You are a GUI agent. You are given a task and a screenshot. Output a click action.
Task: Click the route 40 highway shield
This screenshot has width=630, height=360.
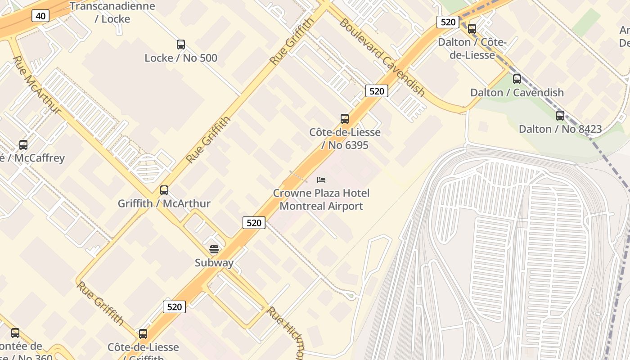pos(40,16)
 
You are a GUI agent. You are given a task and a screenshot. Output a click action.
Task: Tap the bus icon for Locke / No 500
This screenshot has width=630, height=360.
pos(181,45)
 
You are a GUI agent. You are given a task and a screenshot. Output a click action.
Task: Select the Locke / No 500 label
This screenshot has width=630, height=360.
pos(181,58)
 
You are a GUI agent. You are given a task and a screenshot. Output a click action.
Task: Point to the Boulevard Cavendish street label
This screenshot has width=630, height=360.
pos(382,57)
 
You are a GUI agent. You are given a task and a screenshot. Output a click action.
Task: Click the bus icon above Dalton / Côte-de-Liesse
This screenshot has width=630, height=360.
pos(472,29)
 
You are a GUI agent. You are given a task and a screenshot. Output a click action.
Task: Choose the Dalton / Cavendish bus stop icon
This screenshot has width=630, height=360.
pos(517,79)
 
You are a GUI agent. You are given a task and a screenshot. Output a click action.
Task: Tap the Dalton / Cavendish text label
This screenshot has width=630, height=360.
pos(517,93)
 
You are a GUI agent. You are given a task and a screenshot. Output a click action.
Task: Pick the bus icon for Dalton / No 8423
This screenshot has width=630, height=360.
pos(560,116)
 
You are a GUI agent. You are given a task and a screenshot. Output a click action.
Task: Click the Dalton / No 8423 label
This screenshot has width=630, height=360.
pos(560,129)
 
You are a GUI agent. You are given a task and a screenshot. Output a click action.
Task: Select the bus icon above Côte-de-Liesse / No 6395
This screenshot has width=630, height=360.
pos(345,119)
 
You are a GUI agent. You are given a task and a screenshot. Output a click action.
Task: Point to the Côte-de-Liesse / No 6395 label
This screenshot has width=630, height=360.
pos(345,139)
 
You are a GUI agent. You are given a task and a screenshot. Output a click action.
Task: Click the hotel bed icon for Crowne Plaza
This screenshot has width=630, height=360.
pos(321,180)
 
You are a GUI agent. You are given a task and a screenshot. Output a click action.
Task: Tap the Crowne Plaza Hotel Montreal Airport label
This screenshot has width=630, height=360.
pos(321,200)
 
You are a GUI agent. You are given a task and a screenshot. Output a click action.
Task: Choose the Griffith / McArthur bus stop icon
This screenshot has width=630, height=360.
pos(164,190)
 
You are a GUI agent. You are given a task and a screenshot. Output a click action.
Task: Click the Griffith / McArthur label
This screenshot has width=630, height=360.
pos(164,204)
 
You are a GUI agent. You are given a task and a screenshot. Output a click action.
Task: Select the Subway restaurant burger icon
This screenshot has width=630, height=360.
pos(214,249)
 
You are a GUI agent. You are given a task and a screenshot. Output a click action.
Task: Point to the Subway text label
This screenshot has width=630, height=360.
pos(214,263)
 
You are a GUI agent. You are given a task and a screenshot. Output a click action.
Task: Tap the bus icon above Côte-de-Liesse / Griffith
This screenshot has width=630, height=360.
pos(143,334)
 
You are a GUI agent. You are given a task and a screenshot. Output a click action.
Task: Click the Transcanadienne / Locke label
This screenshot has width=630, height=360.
pos(112,13)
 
